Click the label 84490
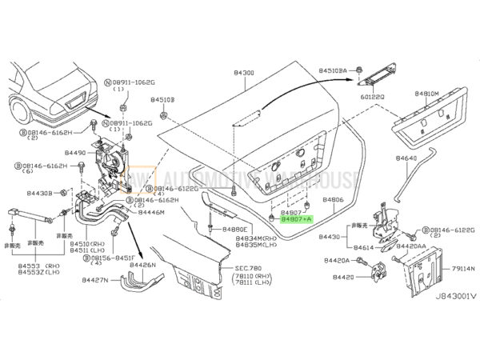click(x=76, y=151)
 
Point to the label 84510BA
click(x=335, y=70)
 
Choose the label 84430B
click(x=37, y=193)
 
